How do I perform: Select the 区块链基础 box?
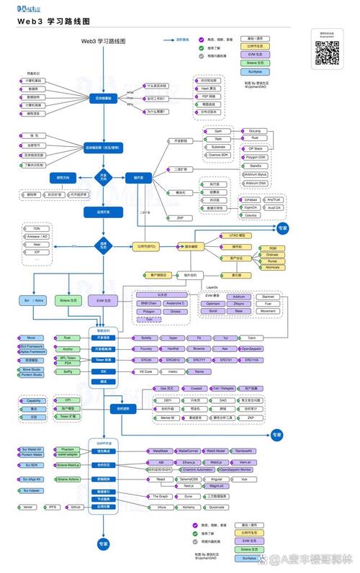coord(104,97)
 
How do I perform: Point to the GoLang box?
coord(255,131)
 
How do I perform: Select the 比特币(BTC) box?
coord(146,246)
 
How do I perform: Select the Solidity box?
coord(147,338)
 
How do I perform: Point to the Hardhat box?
coord(173,348)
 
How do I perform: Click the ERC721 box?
coord(226,359)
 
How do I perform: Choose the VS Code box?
coord(146,371)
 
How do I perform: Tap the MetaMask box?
coord(161,450)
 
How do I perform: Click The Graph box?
coord(160,496)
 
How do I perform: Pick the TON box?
coord(36,228)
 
